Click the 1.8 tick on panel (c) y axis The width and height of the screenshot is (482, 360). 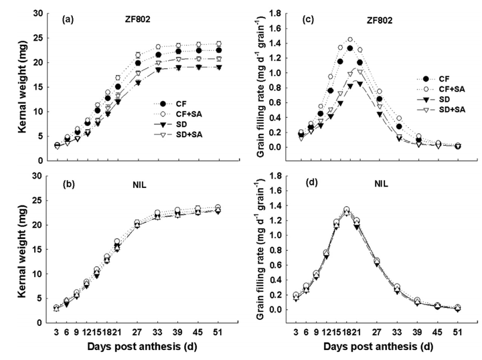click(x=280, y=13)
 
